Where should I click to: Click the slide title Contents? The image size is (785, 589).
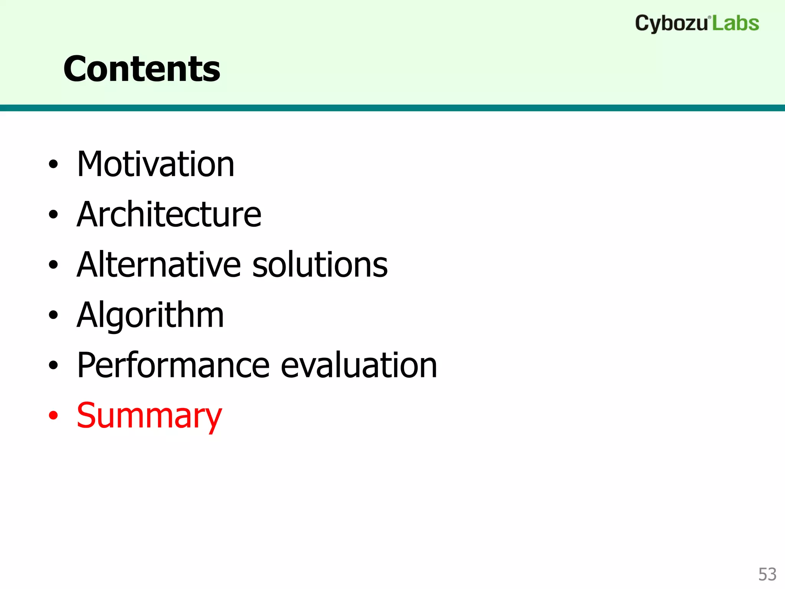[x=142, y=69]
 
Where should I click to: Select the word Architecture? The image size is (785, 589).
[x=169, y=214]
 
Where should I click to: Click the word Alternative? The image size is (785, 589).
[x=159, y=265]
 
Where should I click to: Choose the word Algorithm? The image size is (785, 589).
[x=150, y=315]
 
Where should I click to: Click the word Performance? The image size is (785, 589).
[x=174, y=365]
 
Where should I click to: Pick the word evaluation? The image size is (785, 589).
[x=359, y=365]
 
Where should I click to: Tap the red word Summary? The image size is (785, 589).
[x=149, y=416]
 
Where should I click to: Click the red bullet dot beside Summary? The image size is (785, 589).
[x=53, y=415]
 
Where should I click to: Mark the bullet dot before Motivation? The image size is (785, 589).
[x=53, y=165]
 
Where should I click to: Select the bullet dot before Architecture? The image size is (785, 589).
[x=53, y=215]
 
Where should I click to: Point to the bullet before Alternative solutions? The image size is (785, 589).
[x=53, y=265]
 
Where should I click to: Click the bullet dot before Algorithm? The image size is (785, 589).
[x=53, y=315]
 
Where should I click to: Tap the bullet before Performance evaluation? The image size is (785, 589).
[x=53, y=365]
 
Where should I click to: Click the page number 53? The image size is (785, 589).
[x=767, y=574]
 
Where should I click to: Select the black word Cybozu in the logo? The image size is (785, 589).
[x=671, y=24]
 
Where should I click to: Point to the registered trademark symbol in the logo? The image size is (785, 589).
[x=709, y=17]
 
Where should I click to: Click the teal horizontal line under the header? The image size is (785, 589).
[x=392, y=108]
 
